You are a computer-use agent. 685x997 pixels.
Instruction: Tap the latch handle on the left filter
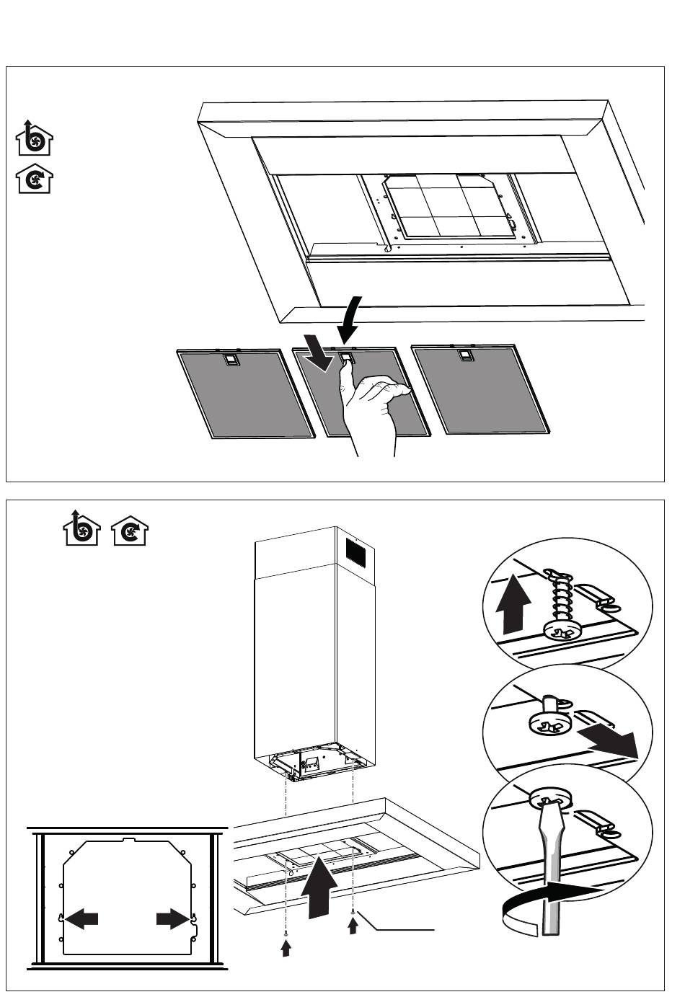point(230,359)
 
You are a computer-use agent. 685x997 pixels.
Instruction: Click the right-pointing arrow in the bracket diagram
point(173,919)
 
